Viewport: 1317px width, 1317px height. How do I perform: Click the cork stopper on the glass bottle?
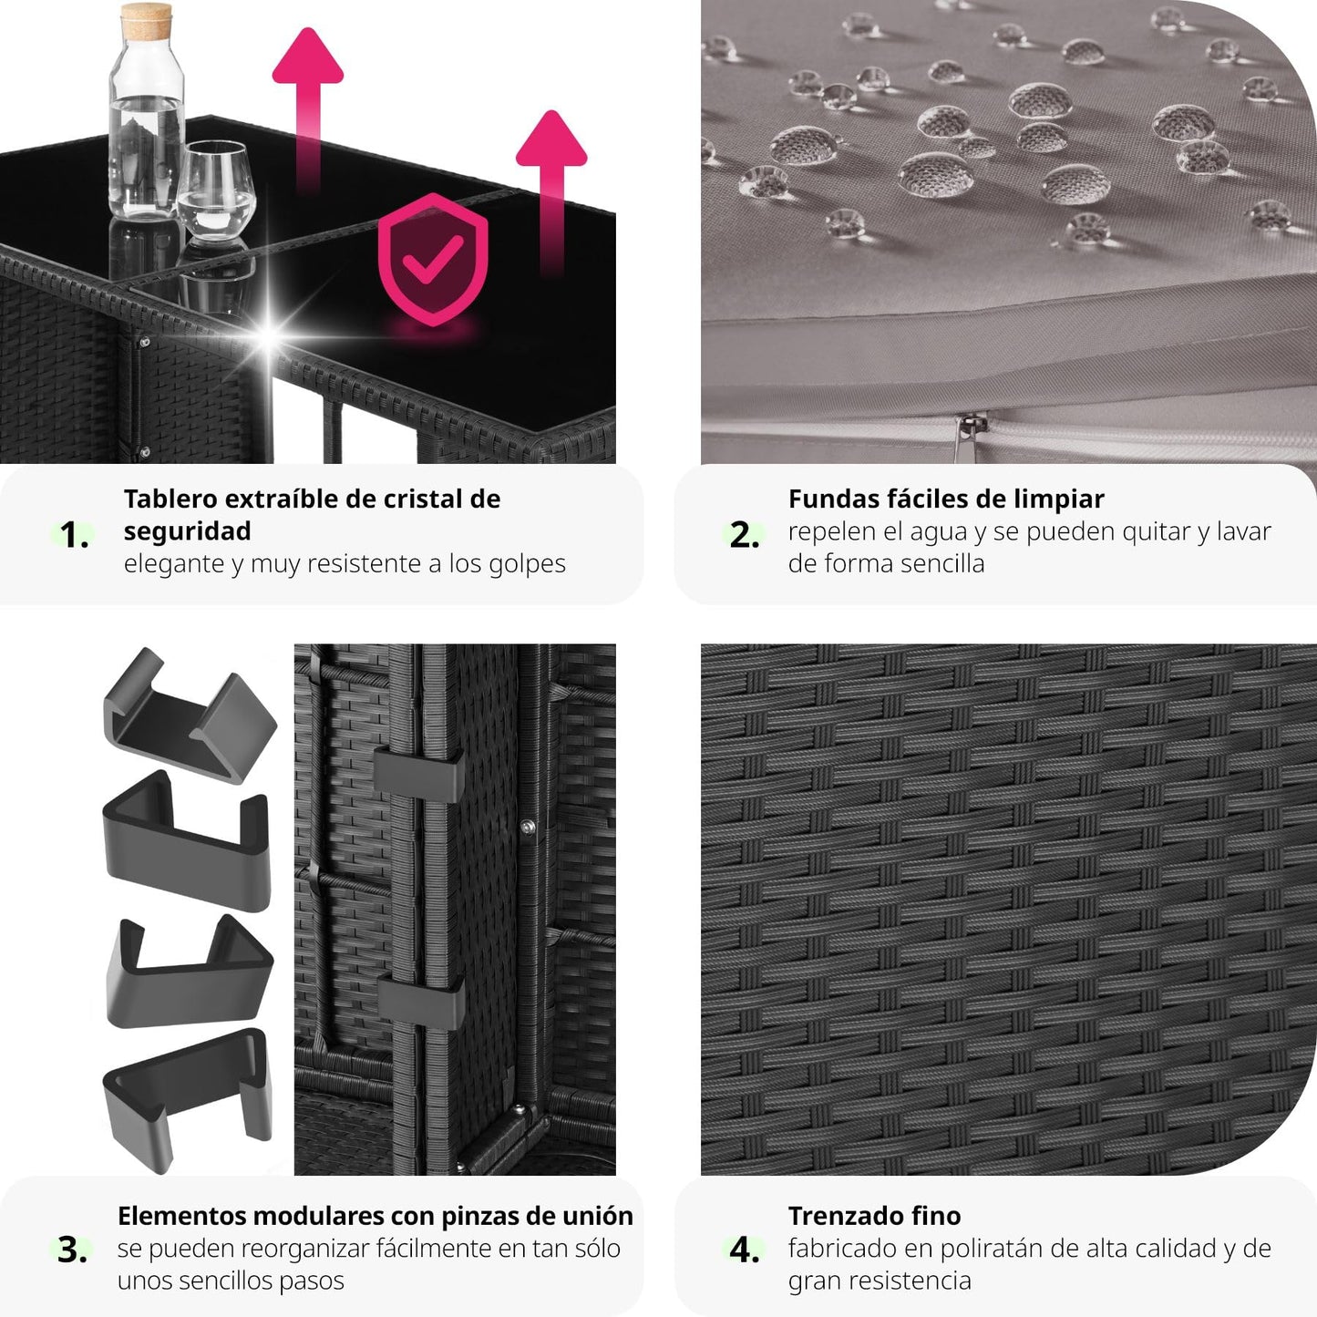coord(146,21)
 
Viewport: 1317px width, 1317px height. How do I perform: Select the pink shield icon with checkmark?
coord(433,258)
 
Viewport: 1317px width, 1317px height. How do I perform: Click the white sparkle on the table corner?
coord(269,335)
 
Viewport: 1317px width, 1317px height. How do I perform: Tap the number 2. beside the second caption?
coord(745,534)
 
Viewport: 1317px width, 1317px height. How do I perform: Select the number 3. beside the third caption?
coord(72,1250)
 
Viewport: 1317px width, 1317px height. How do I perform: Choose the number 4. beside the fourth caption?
coord(745,1250)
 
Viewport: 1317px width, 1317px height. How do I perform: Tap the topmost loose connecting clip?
coord(190,715)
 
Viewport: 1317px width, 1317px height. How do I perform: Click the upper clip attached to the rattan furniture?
coord(418,776)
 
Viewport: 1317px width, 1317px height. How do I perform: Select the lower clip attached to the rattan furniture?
coord(420,1002)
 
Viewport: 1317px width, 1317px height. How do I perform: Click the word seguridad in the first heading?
coord(187,531)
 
